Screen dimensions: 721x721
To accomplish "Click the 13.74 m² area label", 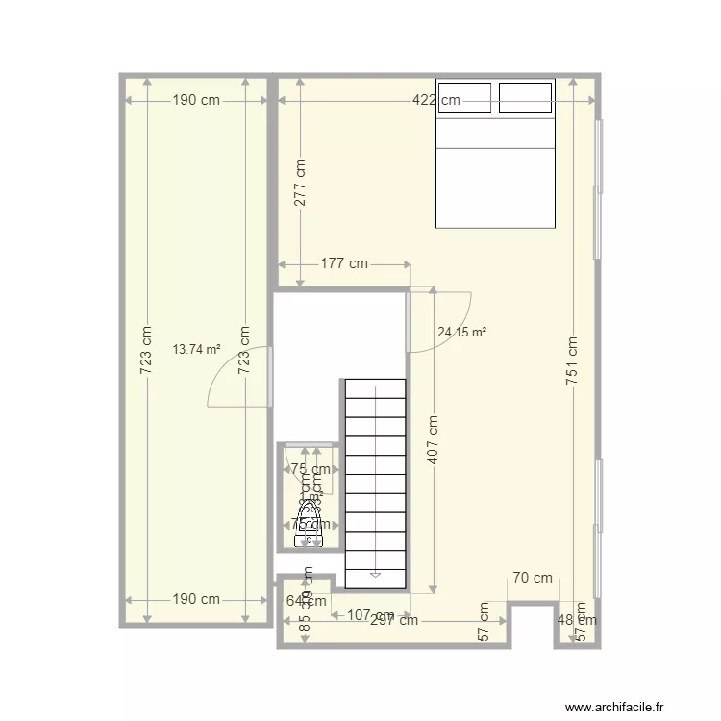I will pos(197,350).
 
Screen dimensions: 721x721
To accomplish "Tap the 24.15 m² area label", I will pos(461,333).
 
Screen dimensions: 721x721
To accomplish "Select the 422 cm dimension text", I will pos(435,100).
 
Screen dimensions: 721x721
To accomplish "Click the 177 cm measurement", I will pos(344,263).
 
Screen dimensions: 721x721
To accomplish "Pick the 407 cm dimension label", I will pos(434,439).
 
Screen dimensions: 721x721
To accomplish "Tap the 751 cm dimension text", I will pos(572,360).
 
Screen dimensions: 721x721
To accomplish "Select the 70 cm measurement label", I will pos(533,578).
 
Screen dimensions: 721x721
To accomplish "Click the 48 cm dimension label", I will pos(577,620).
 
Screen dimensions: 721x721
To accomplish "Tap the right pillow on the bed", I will pos(526,96).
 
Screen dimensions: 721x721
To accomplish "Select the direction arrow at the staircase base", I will pos(375,574).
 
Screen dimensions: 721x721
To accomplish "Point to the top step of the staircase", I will pos(375,388).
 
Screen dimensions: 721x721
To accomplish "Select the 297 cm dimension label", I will pos(394,620).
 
